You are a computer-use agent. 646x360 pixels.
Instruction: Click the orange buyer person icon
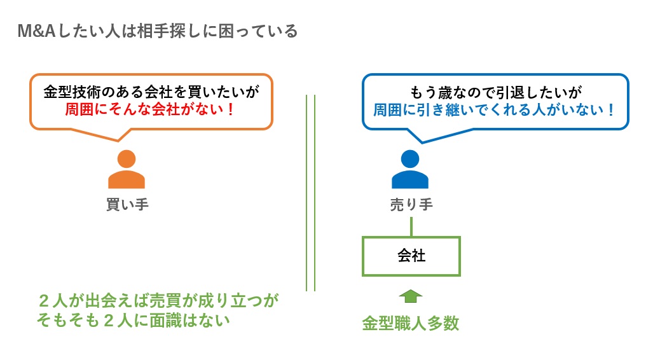(x=127, y=170)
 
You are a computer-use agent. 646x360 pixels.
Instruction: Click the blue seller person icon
(x=410, y=170)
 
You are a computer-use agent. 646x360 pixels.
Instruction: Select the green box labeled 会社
(x=411, y=256)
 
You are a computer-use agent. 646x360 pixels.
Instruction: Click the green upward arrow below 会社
(x=411, y=295)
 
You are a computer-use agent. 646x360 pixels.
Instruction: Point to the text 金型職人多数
(x=410, y=323)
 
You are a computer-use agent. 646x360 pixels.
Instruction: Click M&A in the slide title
(x=36, y=31)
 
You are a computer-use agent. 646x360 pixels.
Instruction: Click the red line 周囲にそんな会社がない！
(x=151, y=109)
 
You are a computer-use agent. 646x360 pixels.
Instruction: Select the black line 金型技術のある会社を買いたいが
(x=151, y=92)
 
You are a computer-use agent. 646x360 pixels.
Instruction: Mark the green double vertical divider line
(x=310, y=191)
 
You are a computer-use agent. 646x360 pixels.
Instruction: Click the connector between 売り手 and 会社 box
(x=411, y=226)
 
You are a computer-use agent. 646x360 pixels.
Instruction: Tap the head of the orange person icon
(x=127, y=159)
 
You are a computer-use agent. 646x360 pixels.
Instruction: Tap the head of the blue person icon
(x=410, y=159)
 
